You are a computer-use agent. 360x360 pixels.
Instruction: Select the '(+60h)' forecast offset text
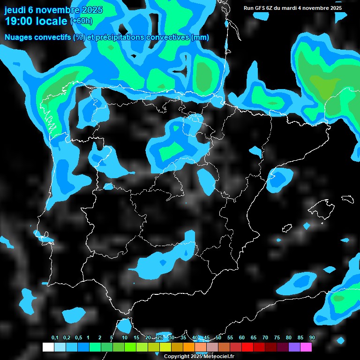point(82,21)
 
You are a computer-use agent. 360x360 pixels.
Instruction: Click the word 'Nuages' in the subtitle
point(18,37)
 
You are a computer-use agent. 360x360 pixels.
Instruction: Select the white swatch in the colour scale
point(48,347)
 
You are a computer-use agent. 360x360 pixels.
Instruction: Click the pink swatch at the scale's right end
point(306,347)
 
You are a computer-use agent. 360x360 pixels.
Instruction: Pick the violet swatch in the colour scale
point(294,347)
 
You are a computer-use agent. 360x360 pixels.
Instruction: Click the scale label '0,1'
point(55,338)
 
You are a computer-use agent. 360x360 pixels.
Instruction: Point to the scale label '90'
point(312,338)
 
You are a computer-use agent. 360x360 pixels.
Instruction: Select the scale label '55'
point(230,338)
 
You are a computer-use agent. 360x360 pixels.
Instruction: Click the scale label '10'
point(125,338)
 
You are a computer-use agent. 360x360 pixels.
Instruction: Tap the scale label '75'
point(277,338)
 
